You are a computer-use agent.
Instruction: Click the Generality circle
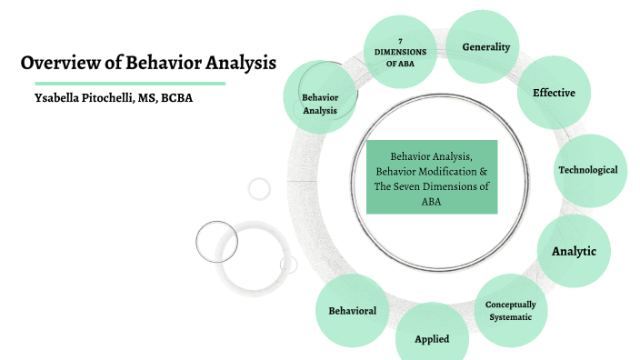(x=485, y=46)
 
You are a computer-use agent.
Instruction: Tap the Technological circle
(x=587, y=170)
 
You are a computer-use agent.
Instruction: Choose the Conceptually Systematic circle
(x=510, y=311)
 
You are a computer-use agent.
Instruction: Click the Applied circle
(x=432, y=338)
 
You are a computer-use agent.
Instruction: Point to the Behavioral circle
(x=352, y=311)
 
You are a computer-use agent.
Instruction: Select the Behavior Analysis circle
(x=319, y=103)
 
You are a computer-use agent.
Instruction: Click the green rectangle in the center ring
(x=432, y=177)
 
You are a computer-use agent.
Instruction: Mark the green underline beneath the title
(x=123, y=83)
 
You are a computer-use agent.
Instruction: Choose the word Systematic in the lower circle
(x=510, y=316)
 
